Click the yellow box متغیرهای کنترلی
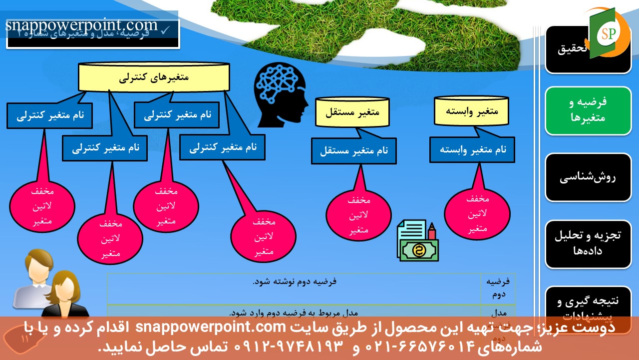pyautogui.click(x=154, y=77)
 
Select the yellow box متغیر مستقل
pyautogui.click(x=352, y=111)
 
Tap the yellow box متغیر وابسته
pyautogui.click(x=471, y=110)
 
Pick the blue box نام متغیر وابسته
pyautogui.click(x=472, y=149)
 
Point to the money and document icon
pyautogui.click(x=417, y=240)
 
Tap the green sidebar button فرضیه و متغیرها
pyautogui.click(x=588, y=110)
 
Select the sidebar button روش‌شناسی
pyautogui.click(x=588, y=177)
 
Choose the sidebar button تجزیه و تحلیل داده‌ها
pyautogui.click(x=588, y=243)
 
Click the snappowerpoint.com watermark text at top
pyautogui.click(x=82, y=25)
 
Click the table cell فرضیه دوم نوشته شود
pyautogui.click(x=294, y=281)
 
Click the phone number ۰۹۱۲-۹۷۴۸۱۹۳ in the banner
pyautogui.click(x=289, y=345)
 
